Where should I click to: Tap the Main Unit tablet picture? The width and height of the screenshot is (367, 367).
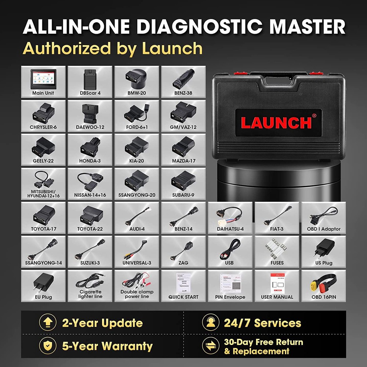(x=43, y=79)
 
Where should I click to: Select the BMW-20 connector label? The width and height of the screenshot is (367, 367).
(x=137, y=93)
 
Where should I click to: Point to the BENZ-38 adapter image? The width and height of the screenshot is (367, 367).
(x=183, y=79)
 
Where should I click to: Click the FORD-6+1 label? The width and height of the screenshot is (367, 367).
(x=137, y=127)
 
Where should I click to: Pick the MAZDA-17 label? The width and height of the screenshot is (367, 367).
(x=183, y=161)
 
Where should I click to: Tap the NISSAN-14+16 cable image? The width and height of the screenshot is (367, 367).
(x=90, y=180)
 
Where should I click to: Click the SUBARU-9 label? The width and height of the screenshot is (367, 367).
(x=183, y=195)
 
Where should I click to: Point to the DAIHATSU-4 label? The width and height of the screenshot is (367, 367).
(x=230, y=229)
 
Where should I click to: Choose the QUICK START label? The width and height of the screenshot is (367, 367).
(x=183, y=297)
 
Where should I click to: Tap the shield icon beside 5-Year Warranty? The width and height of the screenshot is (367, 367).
(x=47, y=346)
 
